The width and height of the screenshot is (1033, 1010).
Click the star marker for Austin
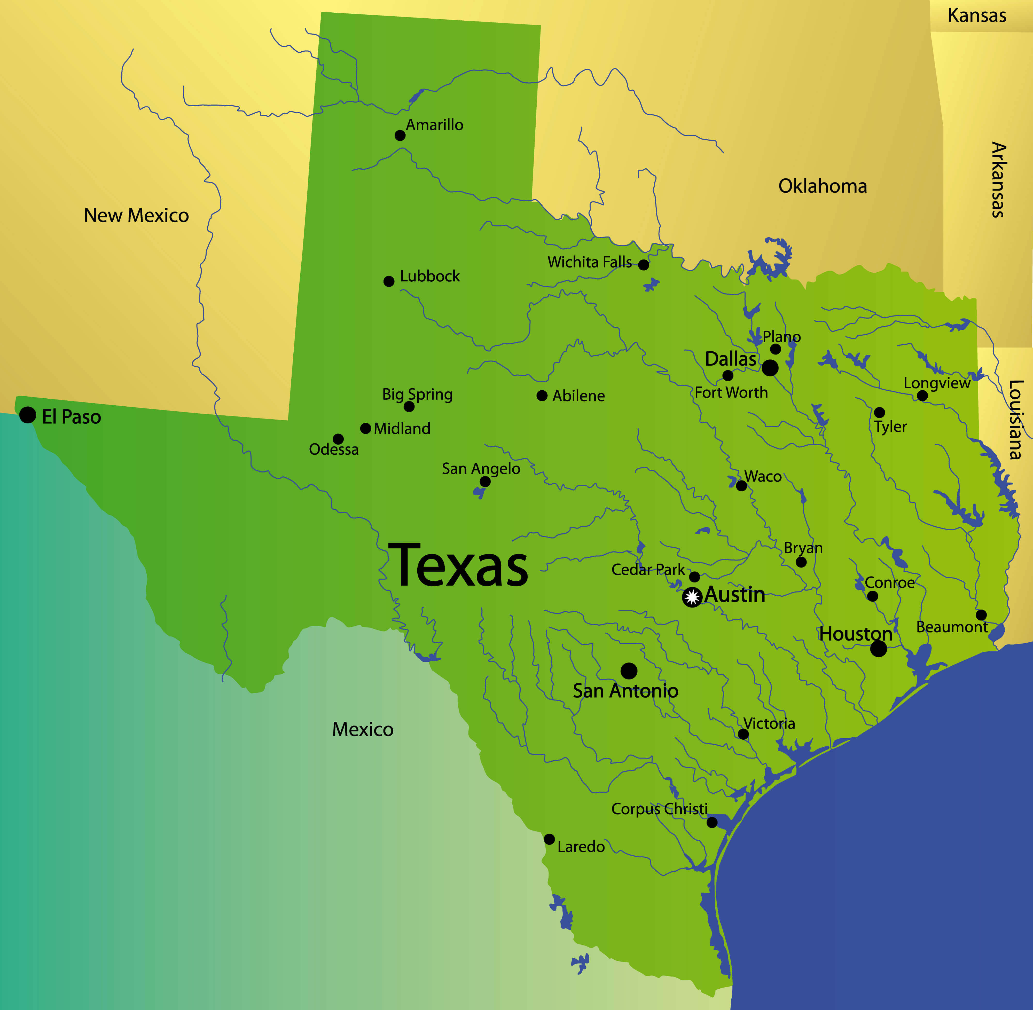coord(692,597)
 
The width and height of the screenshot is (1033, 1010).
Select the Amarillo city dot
coord(400,136)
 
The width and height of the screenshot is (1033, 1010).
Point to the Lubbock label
coord(430,276)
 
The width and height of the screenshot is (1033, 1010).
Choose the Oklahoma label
coord(822,186)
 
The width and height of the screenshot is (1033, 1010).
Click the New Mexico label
coord(136,215)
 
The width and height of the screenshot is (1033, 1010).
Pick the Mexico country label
coord(363,729)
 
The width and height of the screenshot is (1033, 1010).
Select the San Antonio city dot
coord(629,671)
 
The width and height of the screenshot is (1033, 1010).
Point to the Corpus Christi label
coord(660,809)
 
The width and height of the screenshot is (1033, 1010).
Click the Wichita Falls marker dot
coord(644,265)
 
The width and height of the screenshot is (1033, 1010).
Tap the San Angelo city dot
coord(485,482)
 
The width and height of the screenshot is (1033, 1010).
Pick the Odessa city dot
coord(338,439)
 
